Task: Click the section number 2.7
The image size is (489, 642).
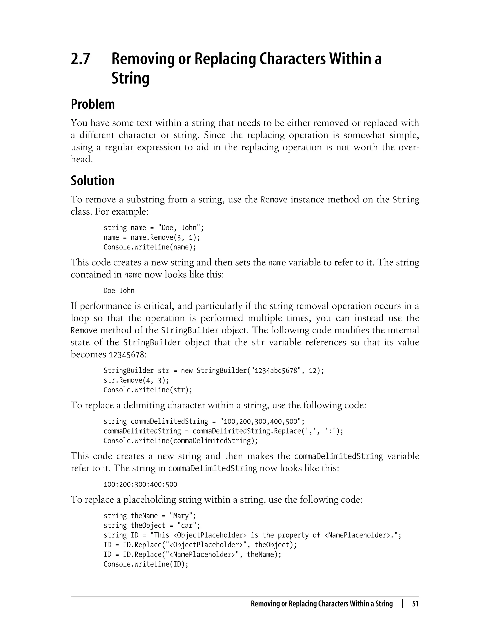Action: coord(80,59)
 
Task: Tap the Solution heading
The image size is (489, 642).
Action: coord(93,180)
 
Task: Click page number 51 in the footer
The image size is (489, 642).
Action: coord(415,604)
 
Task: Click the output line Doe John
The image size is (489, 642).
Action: coord(119,291)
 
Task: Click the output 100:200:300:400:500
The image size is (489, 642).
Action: coord(140,485)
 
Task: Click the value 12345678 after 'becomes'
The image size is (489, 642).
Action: coord(126,355)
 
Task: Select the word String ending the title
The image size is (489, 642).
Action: coord(130,78)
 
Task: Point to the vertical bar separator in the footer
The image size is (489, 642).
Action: coord(402,604)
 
